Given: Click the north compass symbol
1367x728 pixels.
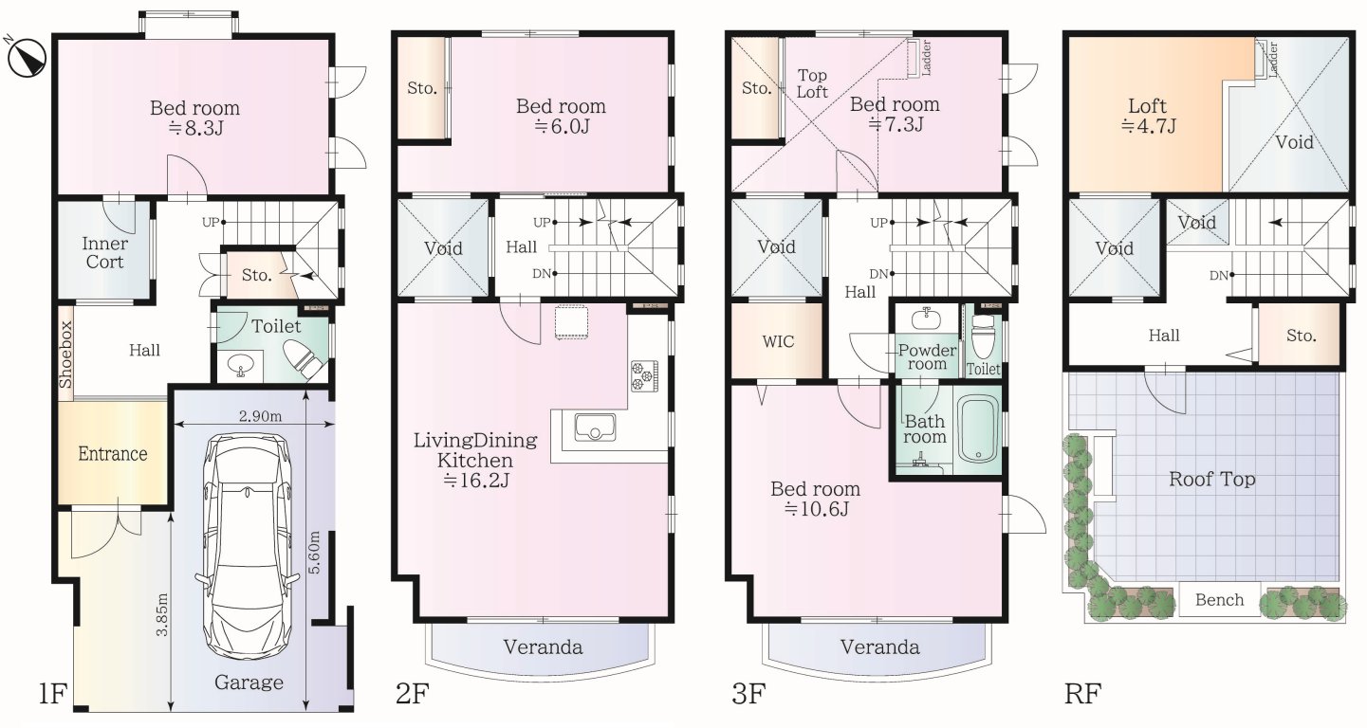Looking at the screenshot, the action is (x=26, y=57).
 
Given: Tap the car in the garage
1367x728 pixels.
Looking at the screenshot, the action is (x=248, y=546).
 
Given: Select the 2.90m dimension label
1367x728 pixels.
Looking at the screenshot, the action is (x=260, y=416).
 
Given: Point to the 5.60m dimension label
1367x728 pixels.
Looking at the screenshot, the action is (x=314, y=553).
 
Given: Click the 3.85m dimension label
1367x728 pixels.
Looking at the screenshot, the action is (x=161, y=614).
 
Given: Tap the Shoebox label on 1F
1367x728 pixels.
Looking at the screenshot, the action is (x=65, y=355).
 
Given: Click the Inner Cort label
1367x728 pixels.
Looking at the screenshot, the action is (x=104, y=252).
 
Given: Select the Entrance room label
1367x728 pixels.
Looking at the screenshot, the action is (x=113, y=454).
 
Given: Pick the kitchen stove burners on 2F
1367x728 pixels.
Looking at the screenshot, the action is (x=644, y=375).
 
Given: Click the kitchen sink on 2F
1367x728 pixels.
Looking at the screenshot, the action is (x=595, y=427).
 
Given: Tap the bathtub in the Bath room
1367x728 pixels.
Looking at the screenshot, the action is (x=978, y=429).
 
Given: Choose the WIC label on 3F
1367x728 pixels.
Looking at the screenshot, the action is (x=778, y=341).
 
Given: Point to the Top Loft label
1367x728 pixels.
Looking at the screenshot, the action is (x=812, y=83).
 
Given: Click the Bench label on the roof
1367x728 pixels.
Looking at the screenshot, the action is (x=1219, y=600).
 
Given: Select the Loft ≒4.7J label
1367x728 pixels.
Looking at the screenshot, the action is (x=1147, y=116).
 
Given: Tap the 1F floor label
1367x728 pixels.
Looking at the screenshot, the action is (x=52, y=693).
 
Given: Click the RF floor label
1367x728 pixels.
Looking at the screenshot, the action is (x=1082, y=693).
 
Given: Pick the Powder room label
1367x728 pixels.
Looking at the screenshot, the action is (x=927, y=357).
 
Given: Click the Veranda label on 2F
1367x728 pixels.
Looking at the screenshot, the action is (x=543, y=646).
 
